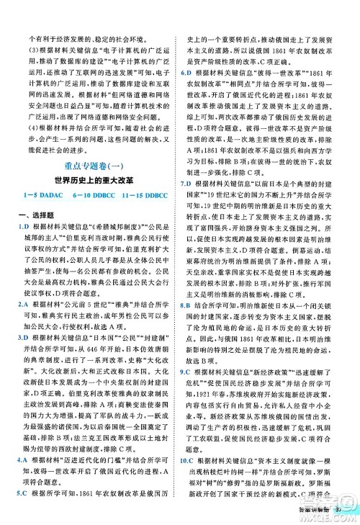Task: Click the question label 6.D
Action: [x=186, y=93]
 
